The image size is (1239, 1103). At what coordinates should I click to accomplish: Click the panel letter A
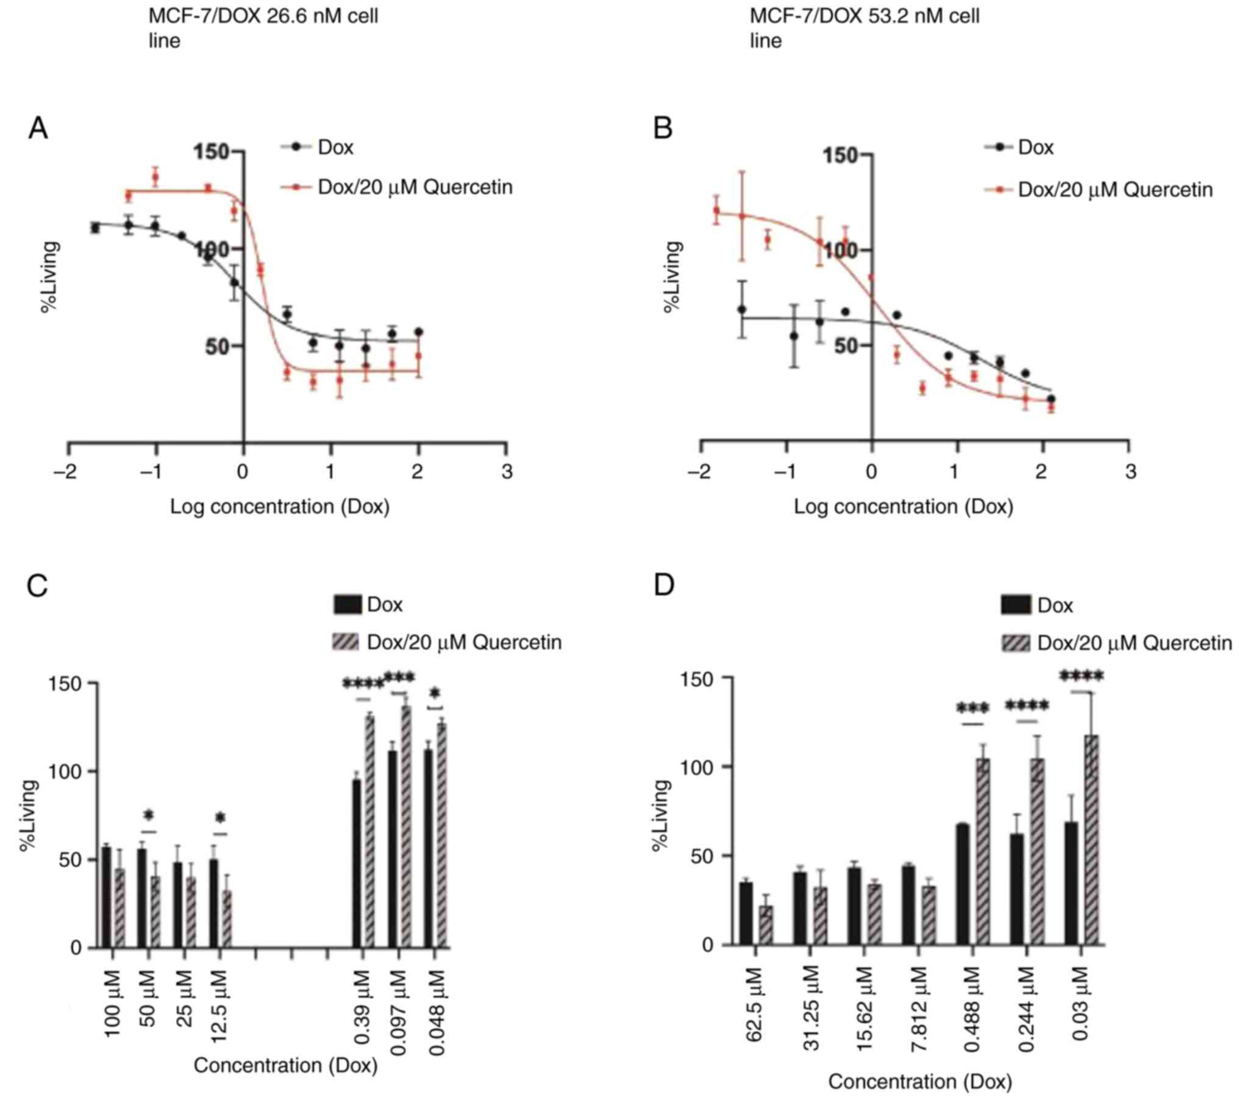tap(38, 129)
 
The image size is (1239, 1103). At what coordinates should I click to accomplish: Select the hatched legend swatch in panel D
tap(1015, 643)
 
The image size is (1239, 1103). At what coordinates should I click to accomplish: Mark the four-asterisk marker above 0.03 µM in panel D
tap(1082, 676)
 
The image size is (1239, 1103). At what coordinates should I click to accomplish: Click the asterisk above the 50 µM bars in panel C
tap(149, 815)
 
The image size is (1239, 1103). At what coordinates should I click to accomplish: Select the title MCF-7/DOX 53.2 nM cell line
tap(864, 27)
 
